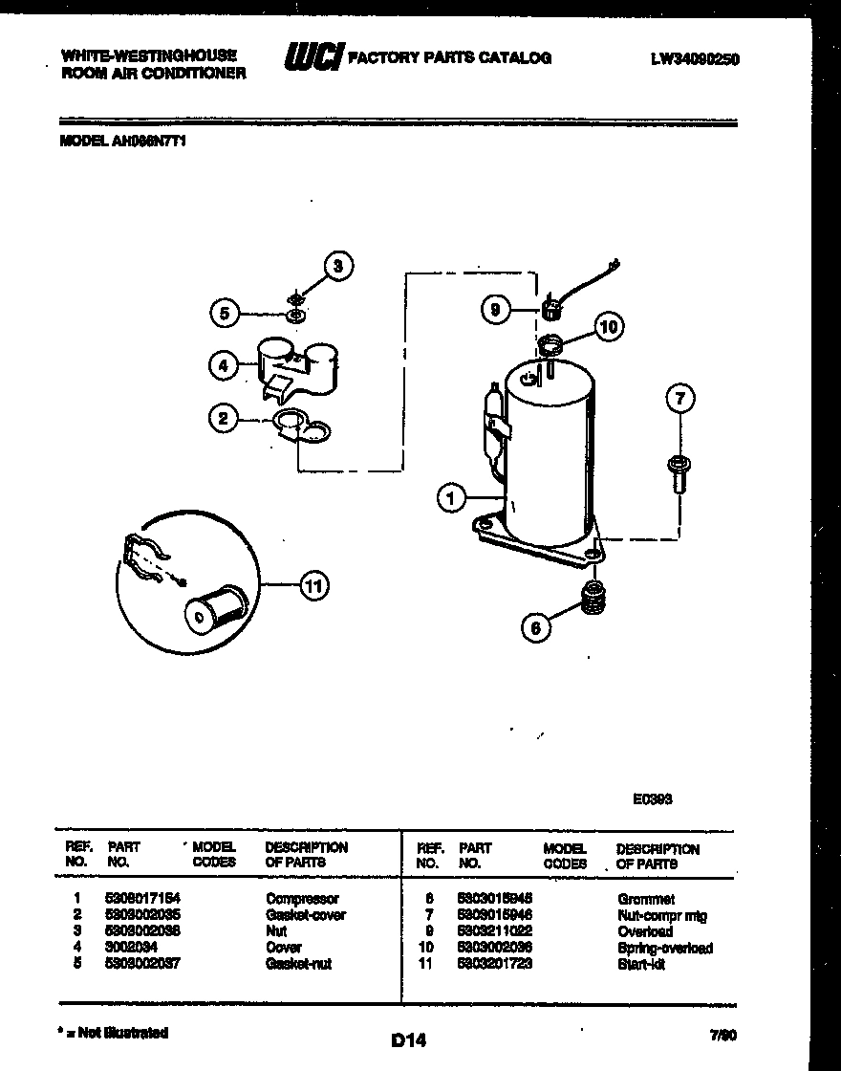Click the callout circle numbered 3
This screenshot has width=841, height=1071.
click(x=337, y=267)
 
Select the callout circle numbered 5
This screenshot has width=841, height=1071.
click(x=224, y=313)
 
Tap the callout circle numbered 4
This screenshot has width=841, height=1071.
click(x=223, y=364)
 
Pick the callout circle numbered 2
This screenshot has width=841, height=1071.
click(x=223, y=417)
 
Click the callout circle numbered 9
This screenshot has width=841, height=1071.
click(x=495, y=310)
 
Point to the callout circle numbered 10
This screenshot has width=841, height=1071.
click(x=608, y=327)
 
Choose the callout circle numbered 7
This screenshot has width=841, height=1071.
click(x=679, y=399)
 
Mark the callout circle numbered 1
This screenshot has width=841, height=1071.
click(x=452, y=496)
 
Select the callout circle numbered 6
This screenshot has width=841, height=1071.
click(x=536, y=627)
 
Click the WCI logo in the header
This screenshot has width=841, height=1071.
click(x=313, y=58)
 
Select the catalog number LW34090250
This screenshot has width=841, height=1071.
click(x=695, y=59)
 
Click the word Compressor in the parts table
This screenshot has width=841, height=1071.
click(x=302, y=899)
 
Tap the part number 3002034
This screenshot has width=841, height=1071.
click(x=132, y=948)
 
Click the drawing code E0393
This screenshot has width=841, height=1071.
click(x=652, y=799)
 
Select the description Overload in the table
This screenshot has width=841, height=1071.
click(x=645, y=931)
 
